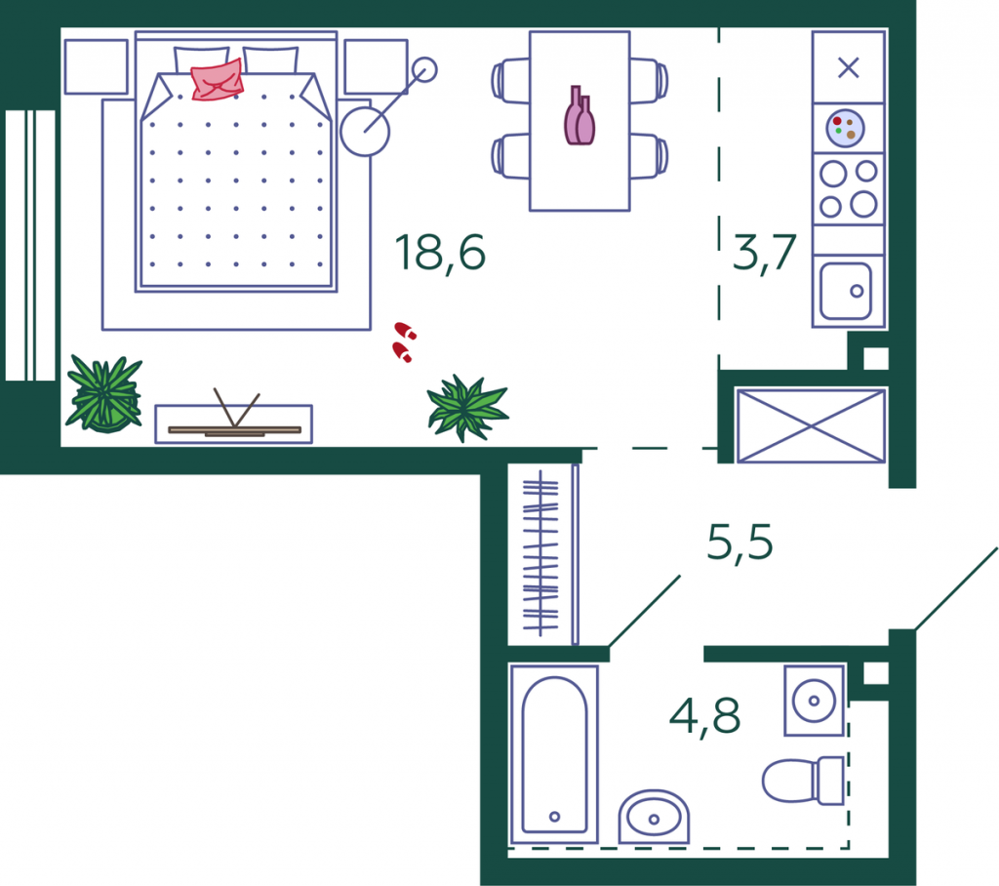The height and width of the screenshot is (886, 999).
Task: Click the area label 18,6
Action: [x=440, y=254]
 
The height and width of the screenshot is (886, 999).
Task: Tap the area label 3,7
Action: [x=764, y=254]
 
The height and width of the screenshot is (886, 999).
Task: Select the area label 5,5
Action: [x=739, y=544]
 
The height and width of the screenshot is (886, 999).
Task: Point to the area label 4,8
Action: [x=704, y=717]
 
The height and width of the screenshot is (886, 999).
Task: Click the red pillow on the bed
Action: [x=218, y=80]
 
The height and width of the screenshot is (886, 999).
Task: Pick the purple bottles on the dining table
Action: [x=579, y=116]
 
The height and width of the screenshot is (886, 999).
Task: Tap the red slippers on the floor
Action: [x=404, y=342]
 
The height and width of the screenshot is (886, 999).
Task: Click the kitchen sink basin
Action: [x=846, y=291]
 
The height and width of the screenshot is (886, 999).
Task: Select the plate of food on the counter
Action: [x=846, y=128]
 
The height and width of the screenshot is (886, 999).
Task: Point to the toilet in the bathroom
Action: [x=804, y=781]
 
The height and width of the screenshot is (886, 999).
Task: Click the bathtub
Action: [x=554, y=754]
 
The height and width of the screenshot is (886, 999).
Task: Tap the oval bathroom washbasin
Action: [x=654, y=818]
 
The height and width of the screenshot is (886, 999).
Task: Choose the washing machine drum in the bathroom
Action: [x=814, y=701]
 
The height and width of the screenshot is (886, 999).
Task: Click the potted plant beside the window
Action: [x=103, y=394]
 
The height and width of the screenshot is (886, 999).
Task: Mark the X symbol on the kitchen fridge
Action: [x=848, y=67]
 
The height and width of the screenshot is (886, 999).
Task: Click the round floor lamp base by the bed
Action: [x=365, y=132]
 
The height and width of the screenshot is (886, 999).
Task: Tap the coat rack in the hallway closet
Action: [x=540, y=553]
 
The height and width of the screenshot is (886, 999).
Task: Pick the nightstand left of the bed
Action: [x=97, y=67]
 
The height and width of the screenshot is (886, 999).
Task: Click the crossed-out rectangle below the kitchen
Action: [x=811, y=425]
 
